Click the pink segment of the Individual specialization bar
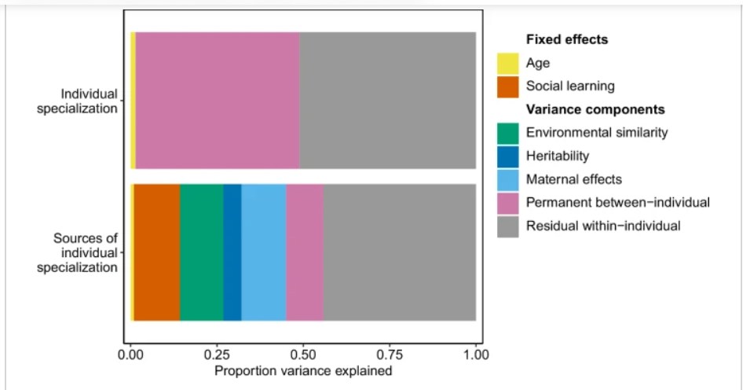tap(218, 101)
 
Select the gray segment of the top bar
tap(387, 101)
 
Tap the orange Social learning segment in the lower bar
tap(157, 252)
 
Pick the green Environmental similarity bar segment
tap(202, 252)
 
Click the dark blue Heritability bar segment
tap(232, 252)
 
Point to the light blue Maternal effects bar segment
tap(264, 252)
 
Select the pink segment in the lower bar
tap(305, 252)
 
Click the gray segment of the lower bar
tap(400, 252)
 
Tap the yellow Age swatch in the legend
tap(508, 63)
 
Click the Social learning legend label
tap(570, 86)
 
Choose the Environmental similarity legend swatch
tap(508, 133)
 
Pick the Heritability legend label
tap(558, 156)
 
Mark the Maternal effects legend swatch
tap(508, 179)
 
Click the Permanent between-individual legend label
tap(618, 203)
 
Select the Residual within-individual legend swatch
tap(508, 226)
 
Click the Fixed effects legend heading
tap(567, 39)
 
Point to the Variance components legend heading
tap(595, 109)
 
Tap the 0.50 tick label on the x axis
tap(303, 355)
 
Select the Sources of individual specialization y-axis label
tap(85, 252)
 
